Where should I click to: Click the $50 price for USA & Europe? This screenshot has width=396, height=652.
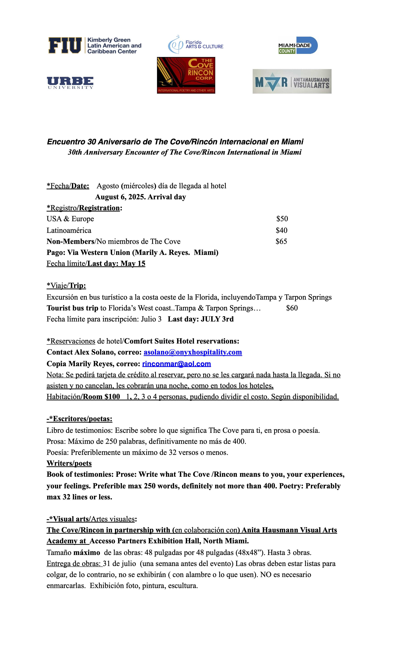[x=282, y=219]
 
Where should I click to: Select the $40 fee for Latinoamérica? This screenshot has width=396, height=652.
[x=281, y=231]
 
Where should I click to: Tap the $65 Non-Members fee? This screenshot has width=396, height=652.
[x=281, y=241]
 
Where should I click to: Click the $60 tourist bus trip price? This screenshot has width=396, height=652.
[x=292, y=308]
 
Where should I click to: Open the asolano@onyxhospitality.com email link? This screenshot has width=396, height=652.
[x=193, y=352]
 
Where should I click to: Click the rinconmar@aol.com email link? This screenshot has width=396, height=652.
[x=177, y=364]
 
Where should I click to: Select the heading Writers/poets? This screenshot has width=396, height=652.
[x=69, y=463]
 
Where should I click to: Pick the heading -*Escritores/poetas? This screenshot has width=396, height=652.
[x=79, y=419]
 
